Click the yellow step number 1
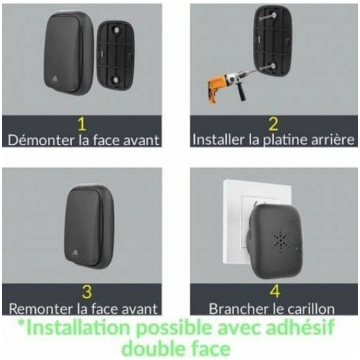(82, 124)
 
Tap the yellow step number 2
(273, 124)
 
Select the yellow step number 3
(86, 292)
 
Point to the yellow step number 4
(275, 292)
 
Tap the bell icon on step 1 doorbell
(55, 80)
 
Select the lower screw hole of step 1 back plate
(116, 80)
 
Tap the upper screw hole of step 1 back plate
(117, 30)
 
